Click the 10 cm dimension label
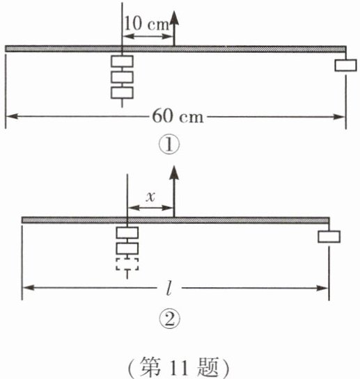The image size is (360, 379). (146, 24)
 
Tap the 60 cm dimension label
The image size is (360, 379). (178, 117)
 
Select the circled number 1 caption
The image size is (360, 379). (169, 145)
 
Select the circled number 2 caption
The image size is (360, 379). (169, 319)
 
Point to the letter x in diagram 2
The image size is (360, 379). (150, 197)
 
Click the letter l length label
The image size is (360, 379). (169, 288)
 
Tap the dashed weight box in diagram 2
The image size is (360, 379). (127, 264)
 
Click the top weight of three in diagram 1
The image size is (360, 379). (122, 61)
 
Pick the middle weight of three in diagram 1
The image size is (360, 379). (122, 77)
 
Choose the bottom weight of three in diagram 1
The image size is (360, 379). (122, 92)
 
